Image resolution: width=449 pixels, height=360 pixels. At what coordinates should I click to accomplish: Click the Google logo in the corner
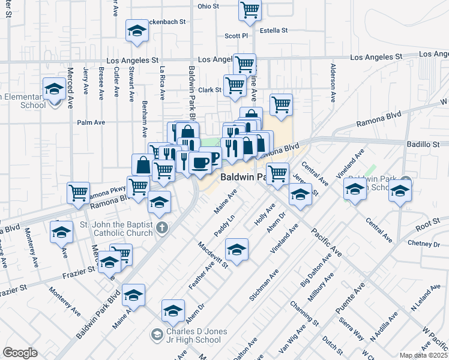(20, 353)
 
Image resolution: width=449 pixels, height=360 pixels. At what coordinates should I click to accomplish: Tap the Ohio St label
(208, 7)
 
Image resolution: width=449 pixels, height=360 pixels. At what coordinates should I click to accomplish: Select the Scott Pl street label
(236, 36)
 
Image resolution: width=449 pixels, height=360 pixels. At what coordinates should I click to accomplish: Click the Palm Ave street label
(91, 122)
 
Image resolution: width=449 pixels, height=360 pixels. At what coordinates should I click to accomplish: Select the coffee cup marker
(200, 162)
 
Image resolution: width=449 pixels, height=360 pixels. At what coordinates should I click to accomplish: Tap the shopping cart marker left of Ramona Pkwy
(78, 192)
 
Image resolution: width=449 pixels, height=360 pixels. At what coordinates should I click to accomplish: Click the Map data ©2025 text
(424, 355)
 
